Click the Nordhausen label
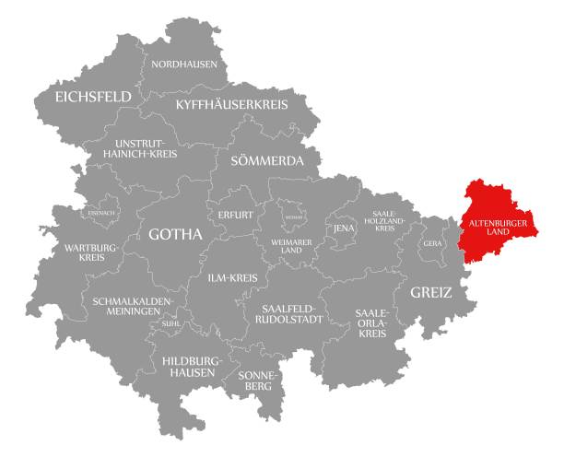(186, 64)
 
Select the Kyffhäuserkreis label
(232, 104)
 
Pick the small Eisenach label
(103, 213)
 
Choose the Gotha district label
(175, 235)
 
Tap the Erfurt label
(236, 215)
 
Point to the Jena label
(345, 228)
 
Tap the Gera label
(431, 243)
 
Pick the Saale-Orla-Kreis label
(370, 323)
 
